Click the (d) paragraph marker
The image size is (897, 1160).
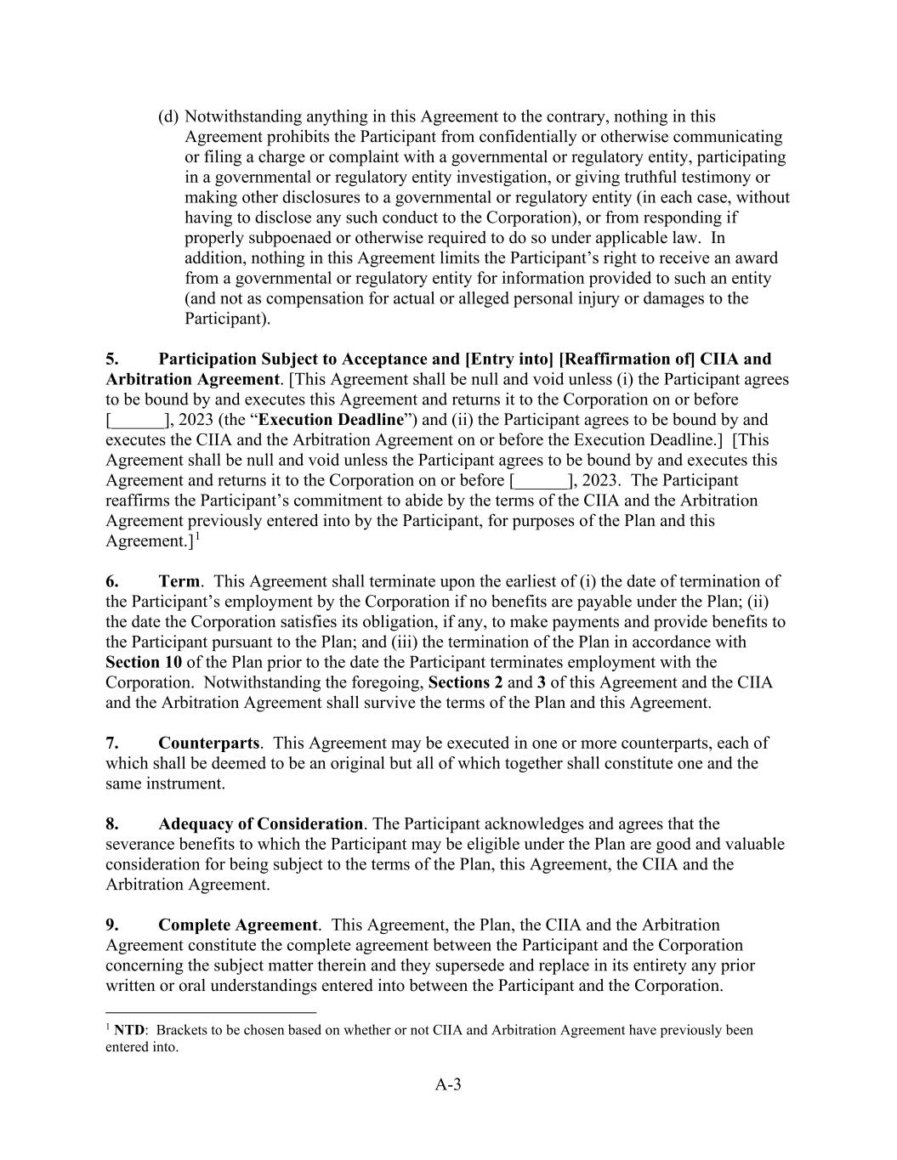[168, 116]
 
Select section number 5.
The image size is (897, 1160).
[111, 359]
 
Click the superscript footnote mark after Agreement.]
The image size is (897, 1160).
[197, 537]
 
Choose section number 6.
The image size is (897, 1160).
[111, 581]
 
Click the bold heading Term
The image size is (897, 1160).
[179, 581]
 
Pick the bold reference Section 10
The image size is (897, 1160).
[144, 662]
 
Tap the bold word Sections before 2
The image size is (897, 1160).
[465, 682]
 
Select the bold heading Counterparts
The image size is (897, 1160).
[208, 743]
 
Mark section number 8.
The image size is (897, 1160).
[111, 823]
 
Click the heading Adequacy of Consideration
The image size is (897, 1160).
[260, 823]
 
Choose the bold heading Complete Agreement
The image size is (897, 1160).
[238, 925]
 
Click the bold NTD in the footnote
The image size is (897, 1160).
[129, 1030]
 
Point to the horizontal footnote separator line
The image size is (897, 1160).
[211, 1012]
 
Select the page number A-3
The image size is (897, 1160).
[448, 1084]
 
